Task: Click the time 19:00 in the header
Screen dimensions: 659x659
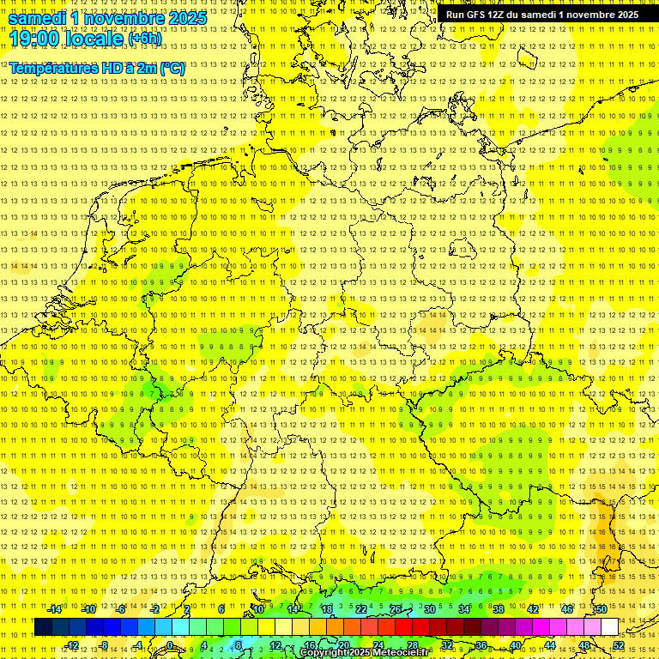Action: [x=33, y=38]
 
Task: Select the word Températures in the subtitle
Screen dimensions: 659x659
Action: [x=52, y=68]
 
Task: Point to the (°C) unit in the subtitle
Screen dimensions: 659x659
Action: [x=172, y=68]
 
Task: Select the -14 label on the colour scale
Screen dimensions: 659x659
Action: [x=55, y=609]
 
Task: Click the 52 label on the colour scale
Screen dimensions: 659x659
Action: [x=618, y=645]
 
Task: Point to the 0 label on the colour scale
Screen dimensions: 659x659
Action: [x=170, y=645]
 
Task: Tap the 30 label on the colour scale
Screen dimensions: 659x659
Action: [x=429, y=609]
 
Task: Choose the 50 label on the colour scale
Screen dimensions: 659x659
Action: [x=601, y=609]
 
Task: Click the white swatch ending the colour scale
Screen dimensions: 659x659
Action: [x=609, y=627]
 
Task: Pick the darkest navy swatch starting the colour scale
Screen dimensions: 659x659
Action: [x=43, y=627]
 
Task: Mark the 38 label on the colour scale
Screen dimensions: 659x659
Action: [x=498, y=609]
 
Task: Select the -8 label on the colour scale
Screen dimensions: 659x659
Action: [x=105, y=645]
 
